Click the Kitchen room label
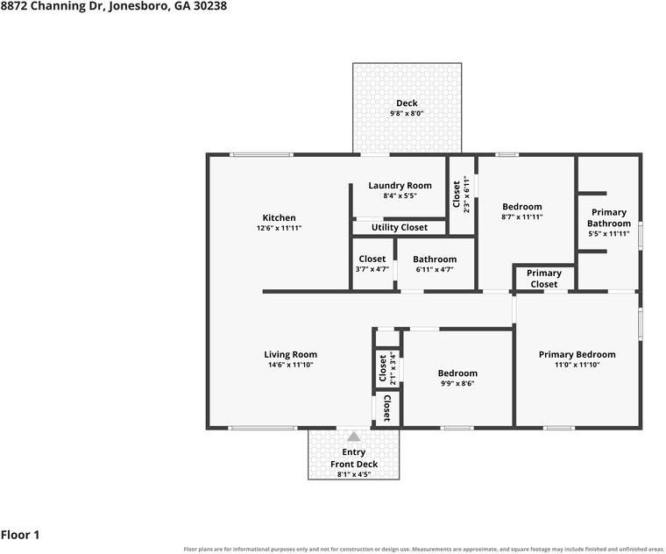click(x=279, y=218)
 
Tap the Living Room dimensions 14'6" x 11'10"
click(x=291, y=365)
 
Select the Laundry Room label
click(x=400, y=186)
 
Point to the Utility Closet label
click(x=400, y=228)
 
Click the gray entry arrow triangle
click(x=354, y=437)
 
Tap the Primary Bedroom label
click(x=577, y=354)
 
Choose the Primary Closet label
click(x=544, y=279)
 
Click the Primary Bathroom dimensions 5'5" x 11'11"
click(x=609, y=234)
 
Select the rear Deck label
click(x=407, y=103)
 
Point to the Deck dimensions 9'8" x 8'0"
click(x=407, y=113)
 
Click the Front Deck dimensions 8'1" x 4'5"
click(x=354, y=474)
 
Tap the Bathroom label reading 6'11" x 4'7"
click(x=435, y=269)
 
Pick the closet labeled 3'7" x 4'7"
click(x=372, y=263)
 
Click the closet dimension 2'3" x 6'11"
click(x=467, y=195)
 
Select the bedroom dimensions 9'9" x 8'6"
click(x=457, y=383)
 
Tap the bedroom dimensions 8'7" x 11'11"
click(x=522, y=217)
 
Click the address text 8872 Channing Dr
click(x=51, y=6)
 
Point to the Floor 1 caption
click(x=20, y=535)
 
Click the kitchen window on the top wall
click(x=261, y=154)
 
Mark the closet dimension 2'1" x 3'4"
click(x=393, y=369)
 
